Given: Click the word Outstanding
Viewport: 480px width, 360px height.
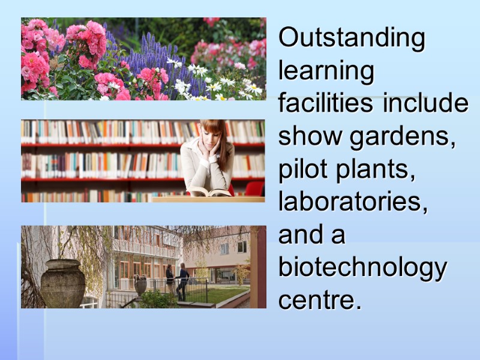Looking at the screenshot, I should point(352,38).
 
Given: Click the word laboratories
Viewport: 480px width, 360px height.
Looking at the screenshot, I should point(353,203).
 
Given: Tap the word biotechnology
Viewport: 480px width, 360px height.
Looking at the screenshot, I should point(363,268).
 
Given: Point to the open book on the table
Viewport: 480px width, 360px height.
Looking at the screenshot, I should point(209,192).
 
